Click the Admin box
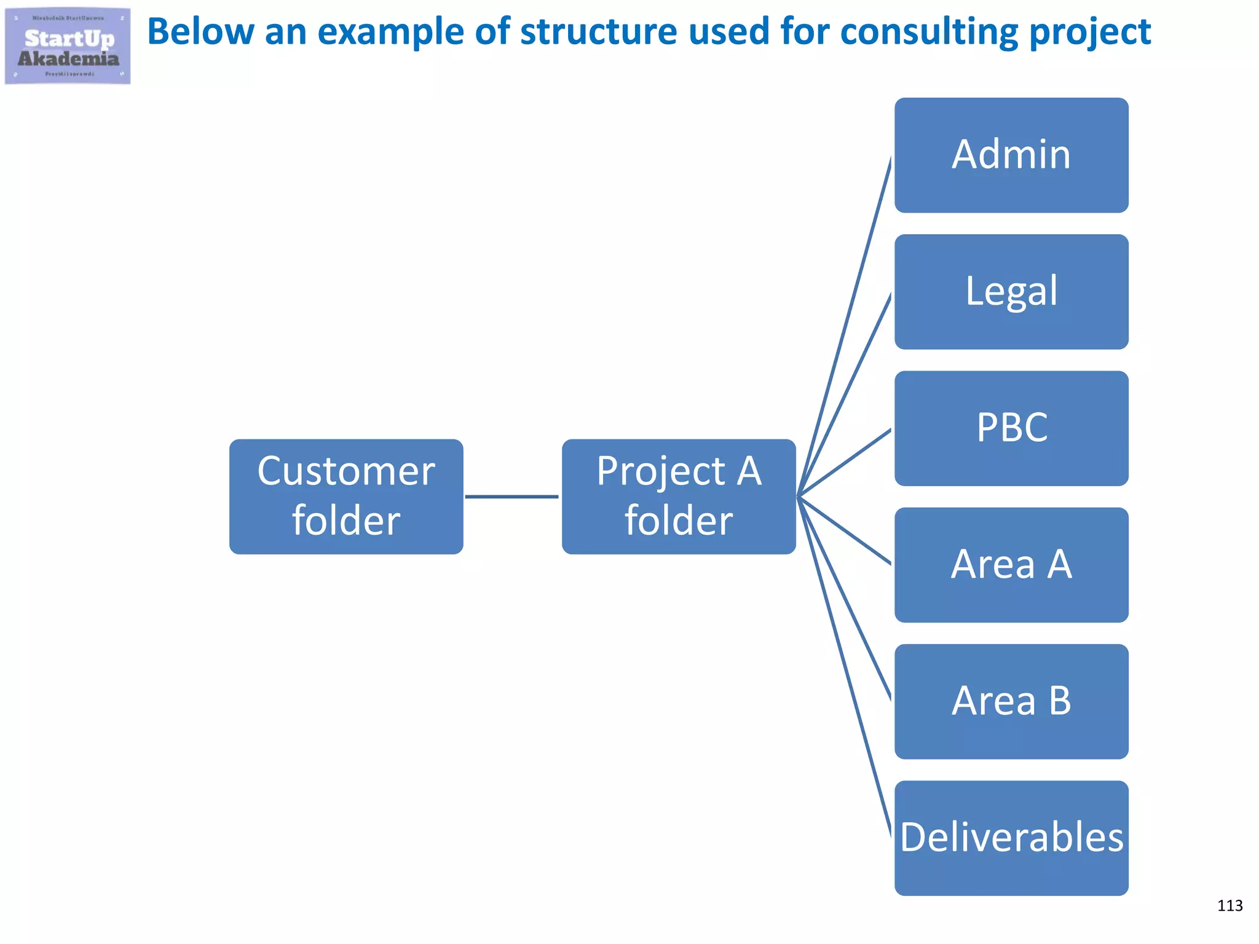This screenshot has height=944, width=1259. [x=1011, y=155]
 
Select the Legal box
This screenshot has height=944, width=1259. [x=1011, y=291]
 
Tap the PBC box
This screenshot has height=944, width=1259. [x=1011, y=428]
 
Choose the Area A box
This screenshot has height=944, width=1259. [x=1011, y=565]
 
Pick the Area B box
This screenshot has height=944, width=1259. [x=1011, y=701]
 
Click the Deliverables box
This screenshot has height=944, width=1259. [x=1011, y=838]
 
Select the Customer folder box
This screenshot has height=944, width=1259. [x=346, y=497]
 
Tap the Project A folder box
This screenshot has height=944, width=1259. [x=679, y=497]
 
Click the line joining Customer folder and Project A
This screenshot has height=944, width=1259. [x=511, y=497]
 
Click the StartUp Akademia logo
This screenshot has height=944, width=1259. [x=68, y=46]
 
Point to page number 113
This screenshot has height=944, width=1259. [x=1229, y=905]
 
